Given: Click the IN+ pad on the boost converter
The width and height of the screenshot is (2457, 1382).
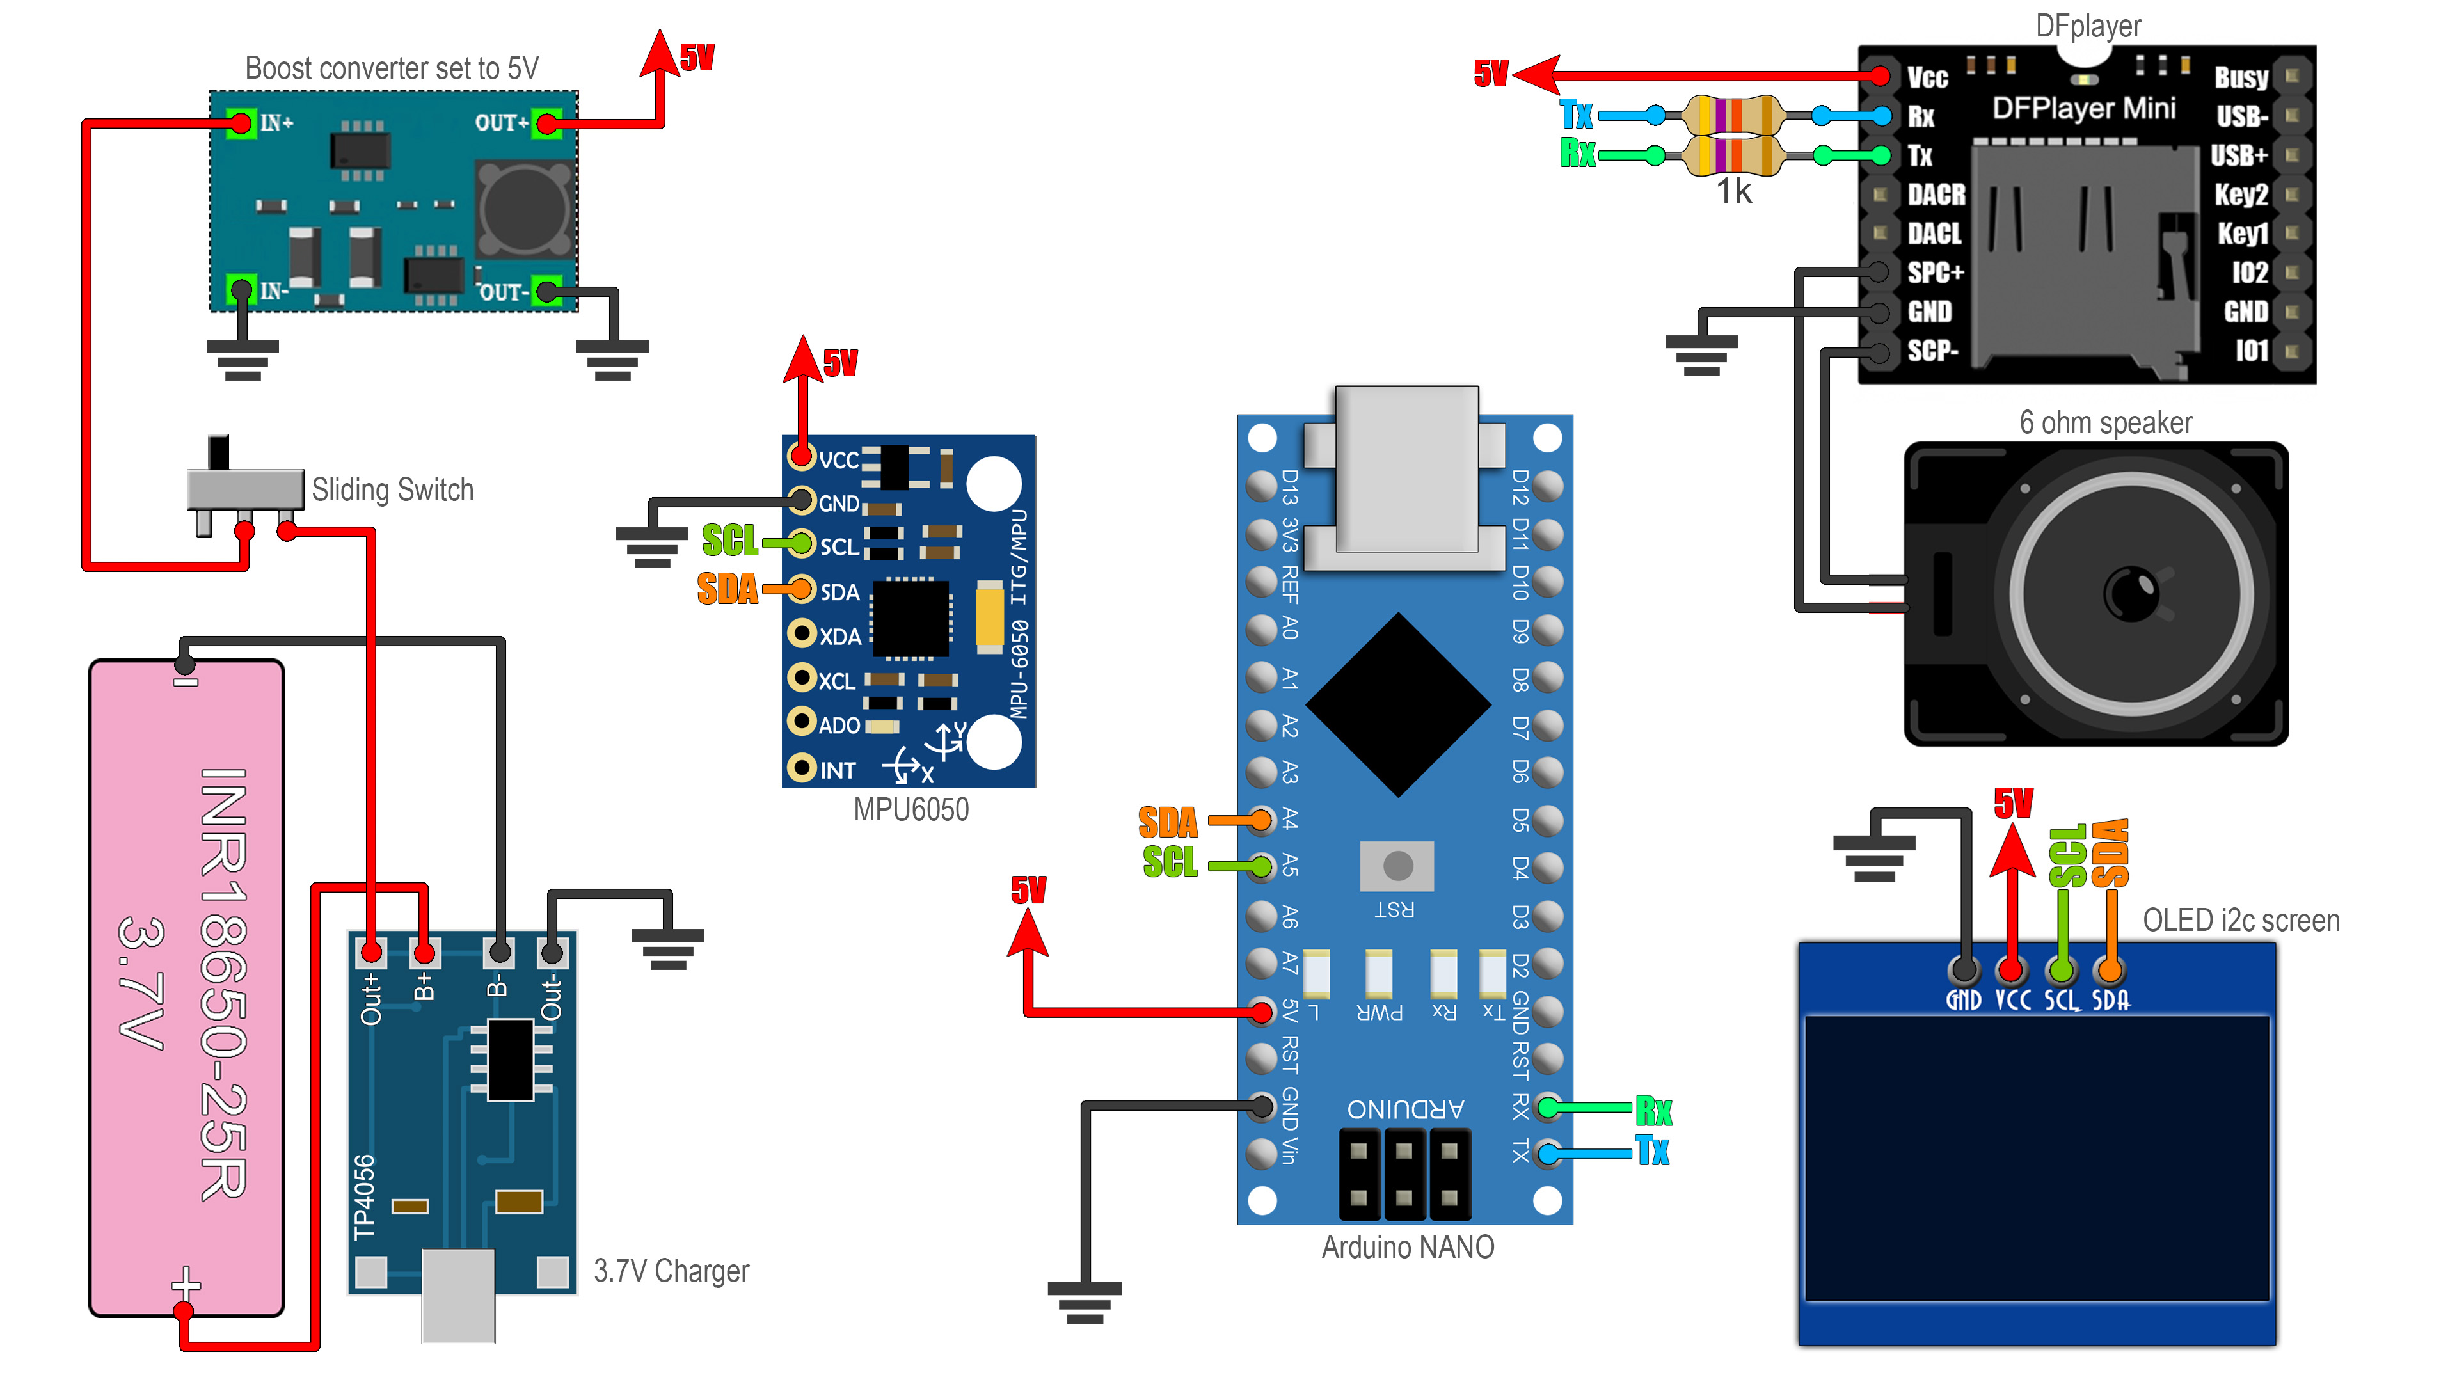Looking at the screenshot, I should click(241, 123).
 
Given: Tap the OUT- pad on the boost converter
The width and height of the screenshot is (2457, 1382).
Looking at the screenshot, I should click(546, 291).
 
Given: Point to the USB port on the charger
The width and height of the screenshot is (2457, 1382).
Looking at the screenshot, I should click(458, 1295).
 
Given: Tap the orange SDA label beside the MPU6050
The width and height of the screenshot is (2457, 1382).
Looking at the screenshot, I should click(727, 589).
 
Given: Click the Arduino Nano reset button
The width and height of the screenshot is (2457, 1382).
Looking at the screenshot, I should click(1397, 866).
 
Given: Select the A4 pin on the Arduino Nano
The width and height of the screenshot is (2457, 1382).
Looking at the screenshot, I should click(1261, 819).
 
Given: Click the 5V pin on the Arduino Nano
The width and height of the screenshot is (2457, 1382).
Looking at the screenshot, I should click(1261, 1011).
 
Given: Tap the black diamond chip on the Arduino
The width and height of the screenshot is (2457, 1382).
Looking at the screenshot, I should click(1398, 705).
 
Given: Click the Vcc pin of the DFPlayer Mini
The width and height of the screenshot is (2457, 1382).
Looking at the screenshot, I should click(1880, 76).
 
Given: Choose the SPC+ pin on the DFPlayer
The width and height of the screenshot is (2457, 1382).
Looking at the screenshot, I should click(1879, 273).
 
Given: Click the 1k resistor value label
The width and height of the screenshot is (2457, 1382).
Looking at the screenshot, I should click(1734, 192).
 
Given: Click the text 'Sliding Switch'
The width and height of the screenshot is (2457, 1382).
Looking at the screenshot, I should click(392, 490).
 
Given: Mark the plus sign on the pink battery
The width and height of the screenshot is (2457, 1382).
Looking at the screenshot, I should click(186, 1283).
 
